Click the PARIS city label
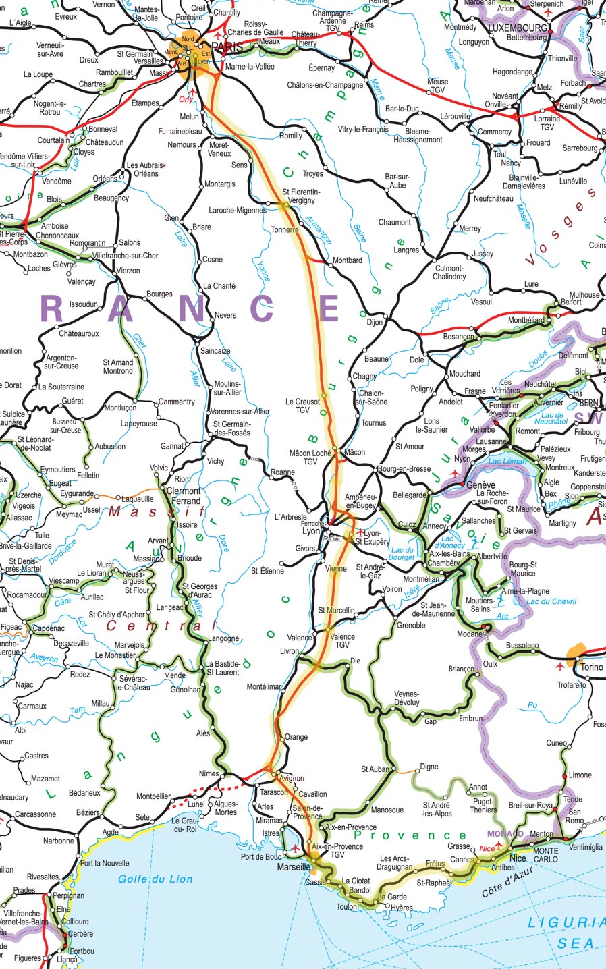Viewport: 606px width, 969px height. (x=227, y=48)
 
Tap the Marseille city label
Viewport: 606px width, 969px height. (x=293, y=867)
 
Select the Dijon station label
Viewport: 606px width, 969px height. (x=375, y=322)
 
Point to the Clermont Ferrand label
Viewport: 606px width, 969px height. (x=184, y=496)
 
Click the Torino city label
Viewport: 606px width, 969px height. (x=592, y=667)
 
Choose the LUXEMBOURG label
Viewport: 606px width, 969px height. (x=518, y=28)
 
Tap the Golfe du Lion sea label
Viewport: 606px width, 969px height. (x=155, y=879)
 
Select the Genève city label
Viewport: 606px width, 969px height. (x=480, y=485)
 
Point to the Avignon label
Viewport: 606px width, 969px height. (x=292, y=778)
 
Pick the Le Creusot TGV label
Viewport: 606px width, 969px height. (x=302, y=406)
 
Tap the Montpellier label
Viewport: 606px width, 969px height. (x=153, y=796)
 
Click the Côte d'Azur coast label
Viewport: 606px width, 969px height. (x=507, y=882)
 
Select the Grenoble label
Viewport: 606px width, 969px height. (x=411, y=625)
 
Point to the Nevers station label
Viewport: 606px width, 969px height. (x=225, y=315)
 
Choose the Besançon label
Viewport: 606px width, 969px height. (x=459, y=336)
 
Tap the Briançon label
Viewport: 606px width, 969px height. (x=462, y=669)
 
